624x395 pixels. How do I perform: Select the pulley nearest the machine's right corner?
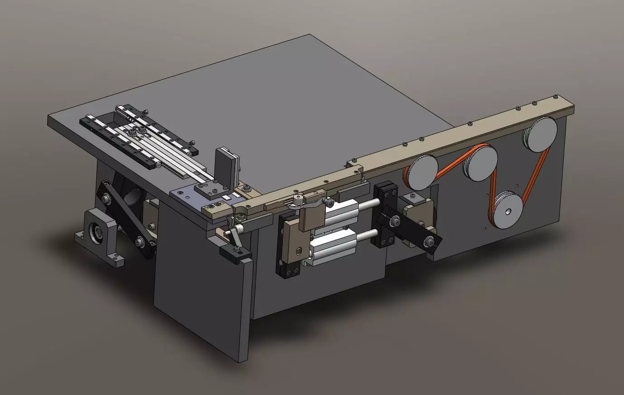pos(541,135)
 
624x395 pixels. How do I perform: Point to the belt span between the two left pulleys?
pos(451,161)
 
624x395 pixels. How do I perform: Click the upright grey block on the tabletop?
pos(226,167)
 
